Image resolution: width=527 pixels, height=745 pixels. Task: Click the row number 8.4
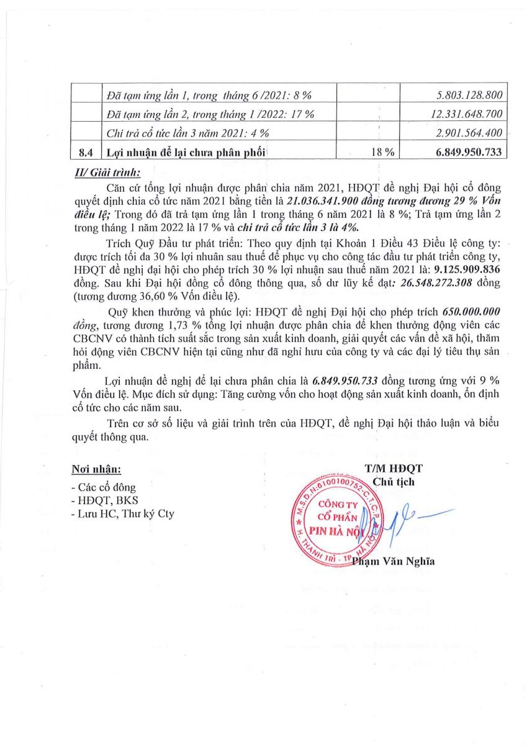[85, 151]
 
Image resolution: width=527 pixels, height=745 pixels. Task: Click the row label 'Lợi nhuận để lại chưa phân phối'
[189, 151]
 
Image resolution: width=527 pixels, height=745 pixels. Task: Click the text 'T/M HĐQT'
[394, 468]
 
